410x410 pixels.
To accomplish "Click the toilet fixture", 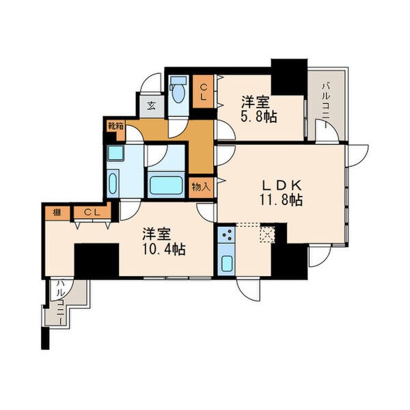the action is pos(179,90).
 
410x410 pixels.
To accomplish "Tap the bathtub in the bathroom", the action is pos(166,185).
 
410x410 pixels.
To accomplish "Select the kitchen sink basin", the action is pos(227,264).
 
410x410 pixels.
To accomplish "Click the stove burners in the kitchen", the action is pos(226,234).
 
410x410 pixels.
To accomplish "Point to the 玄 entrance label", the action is pos(152,106).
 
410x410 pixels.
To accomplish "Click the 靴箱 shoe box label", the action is pos(116,126).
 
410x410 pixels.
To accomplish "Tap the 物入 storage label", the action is pos(201,187).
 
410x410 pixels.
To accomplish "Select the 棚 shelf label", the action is pos(57,213).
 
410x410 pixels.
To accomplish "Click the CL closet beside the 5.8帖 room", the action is pos(203,92).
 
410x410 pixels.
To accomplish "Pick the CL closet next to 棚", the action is pos(92,213).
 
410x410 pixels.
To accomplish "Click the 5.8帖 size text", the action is pos(258,117).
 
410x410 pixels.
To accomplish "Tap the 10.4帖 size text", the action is pos(164,249).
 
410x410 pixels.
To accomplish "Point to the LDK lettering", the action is pos(282,186).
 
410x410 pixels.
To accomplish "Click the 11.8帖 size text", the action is pos(281,200).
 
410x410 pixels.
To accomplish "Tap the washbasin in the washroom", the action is pos(113,183).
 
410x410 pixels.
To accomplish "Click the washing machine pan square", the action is pos(115,152).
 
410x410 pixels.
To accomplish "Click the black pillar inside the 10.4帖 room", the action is pos(97,260).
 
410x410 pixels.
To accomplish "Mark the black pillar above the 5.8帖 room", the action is pos(289,77).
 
